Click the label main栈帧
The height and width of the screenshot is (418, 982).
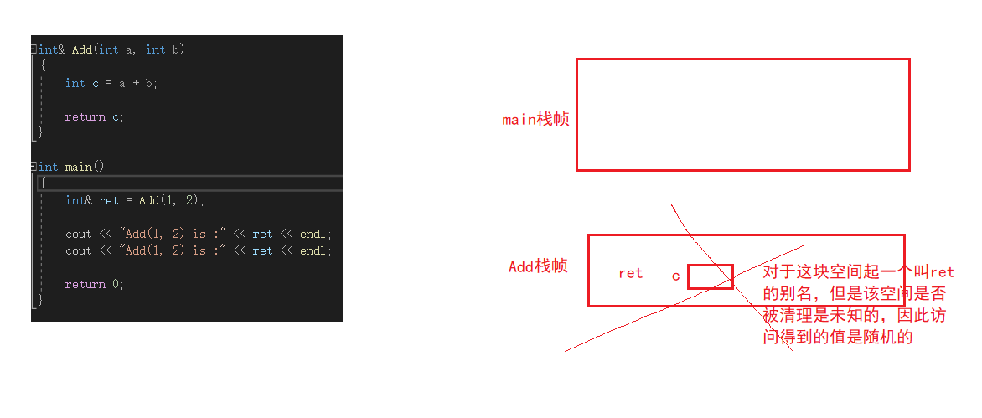(x=535, y=119)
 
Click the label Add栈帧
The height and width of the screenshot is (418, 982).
(x=538, y=266)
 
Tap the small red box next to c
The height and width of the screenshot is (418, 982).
(x=710, y=276)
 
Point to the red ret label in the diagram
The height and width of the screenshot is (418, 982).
(x=630, y=273)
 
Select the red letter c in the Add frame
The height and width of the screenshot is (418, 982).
(x=675, y=276)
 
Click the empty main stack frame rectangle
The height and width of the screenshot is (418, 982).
(x=742, y=114)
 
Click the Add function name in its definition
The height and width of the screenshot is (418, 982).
(x=81, y=49)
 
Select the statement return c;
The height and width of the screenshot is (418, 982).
(x=94, y=116)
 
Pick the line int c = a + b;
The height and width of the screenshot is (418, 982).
(x=111, y=83)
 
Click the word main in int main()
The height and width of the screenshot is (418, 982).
(x=79, y=167)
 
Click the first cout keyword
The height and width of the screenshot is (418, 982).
(x=79, y=234)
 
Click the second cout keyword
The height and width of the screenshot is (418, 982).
(x=79, y=250)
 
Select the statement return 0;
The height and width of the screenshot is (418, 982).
(x=94, y=284)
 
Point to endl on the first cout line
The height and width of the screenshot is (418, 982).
(x=315, y=234)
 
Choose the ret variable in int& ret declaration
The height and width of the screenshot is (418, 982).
(x=108, y=200)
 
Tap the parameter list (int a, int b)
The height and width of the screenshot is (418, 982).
(x=138, y=49)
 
